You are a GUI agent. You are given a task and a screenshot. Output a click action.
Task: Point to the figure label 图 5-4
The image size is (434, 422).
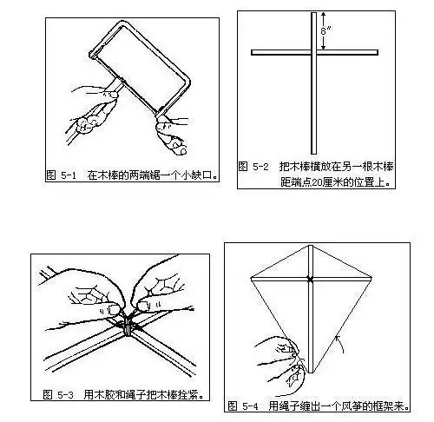(x=246, y=406)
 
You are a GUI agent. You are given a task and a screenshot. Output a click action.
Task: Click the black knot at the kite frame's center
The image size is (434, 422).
(x=309, y=279)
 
